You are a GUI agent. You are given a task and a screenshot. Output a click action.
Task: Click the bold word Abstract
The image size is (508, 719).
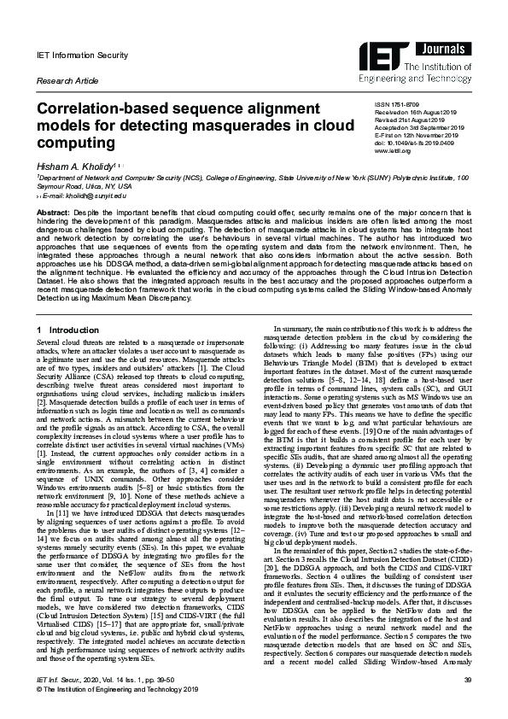click(x=53, y=211)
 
